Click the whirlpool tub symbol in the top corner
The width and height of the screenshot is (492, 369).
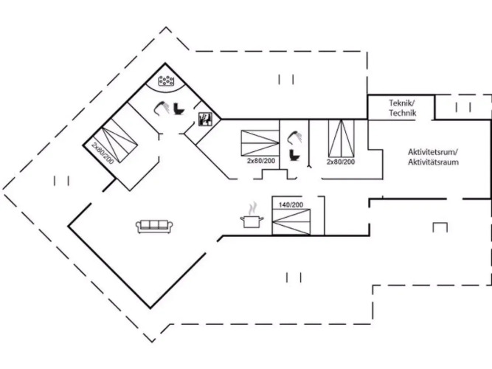(166, 80)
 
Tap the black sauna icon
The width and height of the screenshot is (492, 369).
(205, 120)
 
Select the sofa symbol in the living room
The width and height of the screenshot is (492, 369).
(154, 226)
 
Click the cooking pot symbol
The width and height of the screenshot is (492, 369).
(252, 221)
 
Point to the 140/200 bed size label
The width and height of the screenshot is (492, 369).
(291, 204)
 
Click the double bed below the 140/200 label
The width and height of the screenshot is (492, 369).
(291, 221)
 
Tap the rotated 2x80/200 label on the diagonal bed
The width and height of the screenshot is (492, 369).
(103, 153)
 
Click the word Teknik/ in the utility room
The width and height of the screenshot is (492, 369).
(402, 103)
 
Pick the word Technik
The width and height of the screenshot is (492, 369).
(403, 113)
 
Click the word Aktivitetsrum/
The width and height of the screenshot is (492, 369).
(433, 152)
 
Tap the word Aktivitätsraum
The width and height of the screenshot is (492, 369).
(433, 162)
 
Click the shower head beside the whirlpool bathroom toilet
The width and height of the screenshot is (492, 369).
(162, 108)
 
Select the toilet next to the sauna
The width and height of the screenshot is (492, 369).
(179, 108)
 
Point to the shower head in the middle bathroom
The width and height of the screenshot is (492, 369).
(295, 137)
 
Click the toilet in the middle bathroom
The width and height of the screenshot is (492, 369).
(294, 155)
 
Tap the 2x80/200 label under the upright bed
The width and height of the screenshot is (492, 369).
(341, 162)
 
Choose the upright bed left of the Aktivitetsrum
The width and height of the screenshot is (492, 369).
(342, 138)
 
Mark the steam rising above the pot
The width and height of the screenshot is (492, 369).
(252, 208)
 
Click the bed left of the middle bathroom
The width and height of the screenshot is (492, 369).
(260, 143)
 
